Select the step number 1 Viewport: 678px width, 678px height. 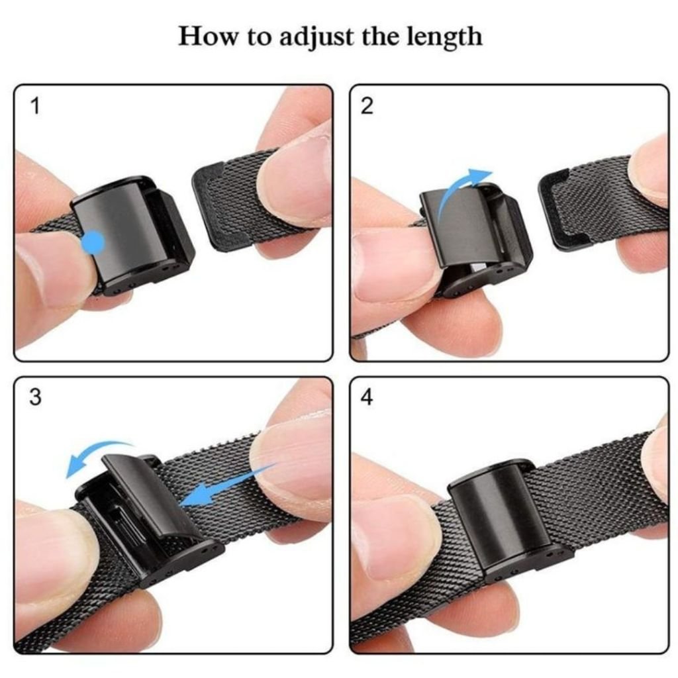[x=34, y=106]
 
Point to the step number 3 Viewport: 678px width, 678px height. [x=35, y=397]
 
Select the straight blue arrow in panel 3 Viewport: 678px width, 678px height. [x=225, y=488]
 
